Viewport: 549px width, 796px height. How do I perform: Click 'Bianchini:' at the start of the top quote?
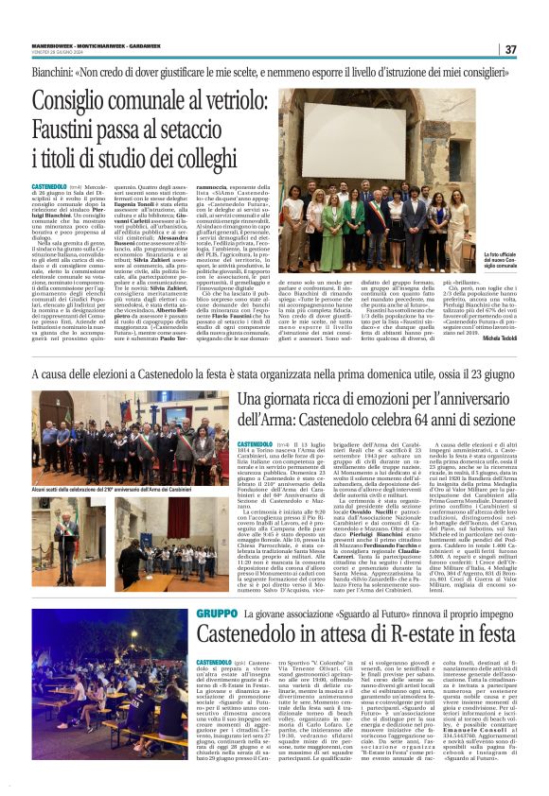[x=56, y=71]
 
